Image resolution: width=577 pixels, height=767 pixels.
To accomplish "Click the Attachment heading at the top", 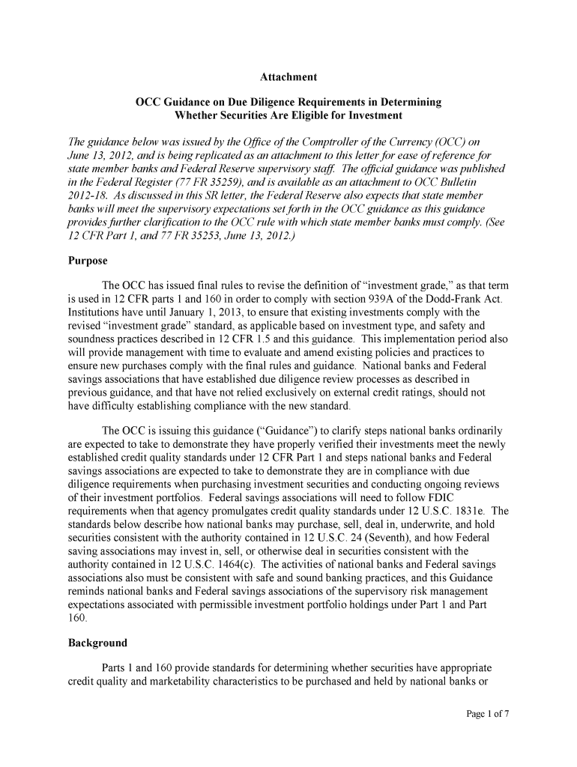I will (x=288, y=77).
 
